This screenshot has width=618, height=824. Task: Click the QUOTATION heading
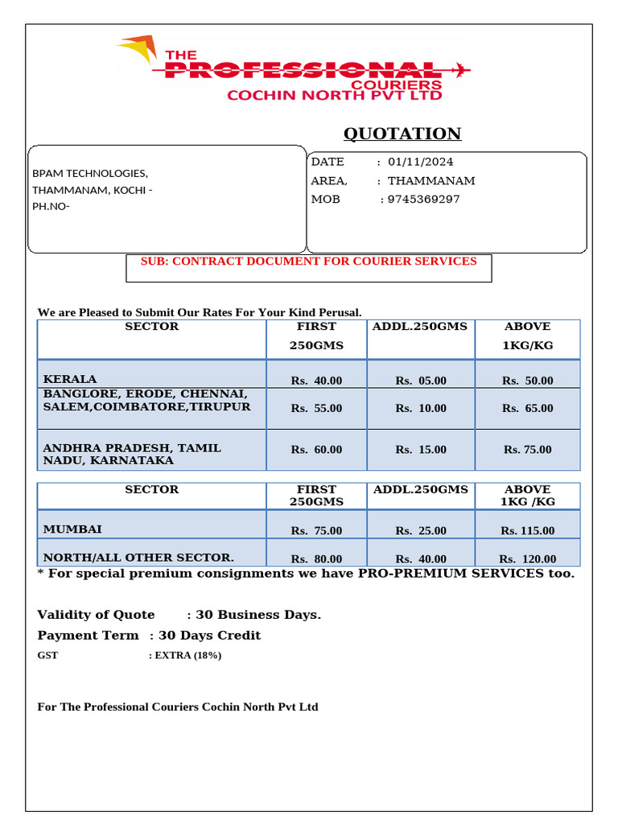point(402,134)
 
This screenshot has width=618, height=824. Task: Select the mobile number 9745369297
point(423,199)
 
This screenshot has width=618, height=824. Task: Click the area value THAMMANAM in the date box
point(431,180)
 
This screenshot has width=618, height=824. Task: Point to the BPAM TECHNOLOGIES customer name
point(89,173)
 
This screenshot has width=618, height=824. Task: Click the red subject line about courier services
point(308,262)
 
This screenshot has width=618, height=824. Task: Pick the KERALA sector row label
point(70,378)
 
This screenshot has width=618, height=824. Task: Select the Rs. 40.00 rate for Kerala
point(316,381)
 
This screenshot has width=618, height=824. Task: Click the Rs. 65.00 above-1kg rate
point(527,408)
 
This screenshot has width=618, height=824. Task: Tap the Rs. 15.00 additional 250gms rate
point(421,450)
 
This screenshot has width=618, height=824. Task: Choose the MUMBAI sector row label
point(72,529)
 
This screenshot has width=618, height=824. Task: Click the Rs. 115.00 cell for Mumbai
point(527,530)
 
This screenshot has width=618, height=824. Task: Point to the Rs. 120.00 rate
point(527,558)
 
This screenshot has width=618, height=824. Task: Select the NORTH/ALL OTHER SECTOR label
point(138,557)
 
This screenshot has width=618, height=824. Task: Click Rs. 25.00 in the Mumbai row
point(421,530)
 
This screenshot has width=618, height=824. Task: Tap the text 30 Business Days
point(258,615)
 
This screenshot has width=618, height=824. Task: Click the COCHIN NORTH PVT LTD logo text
point(335,95)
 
